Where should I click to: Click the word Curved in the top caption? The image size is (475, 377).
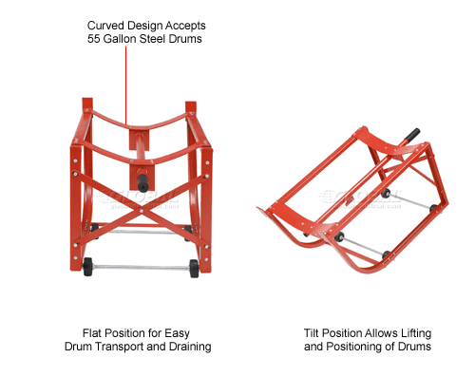(107, 26)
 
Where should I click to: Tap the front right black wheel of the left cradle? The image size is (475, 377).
(194, 267)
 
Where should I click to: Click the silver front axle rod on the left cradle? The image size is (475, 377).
(142, 267)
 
